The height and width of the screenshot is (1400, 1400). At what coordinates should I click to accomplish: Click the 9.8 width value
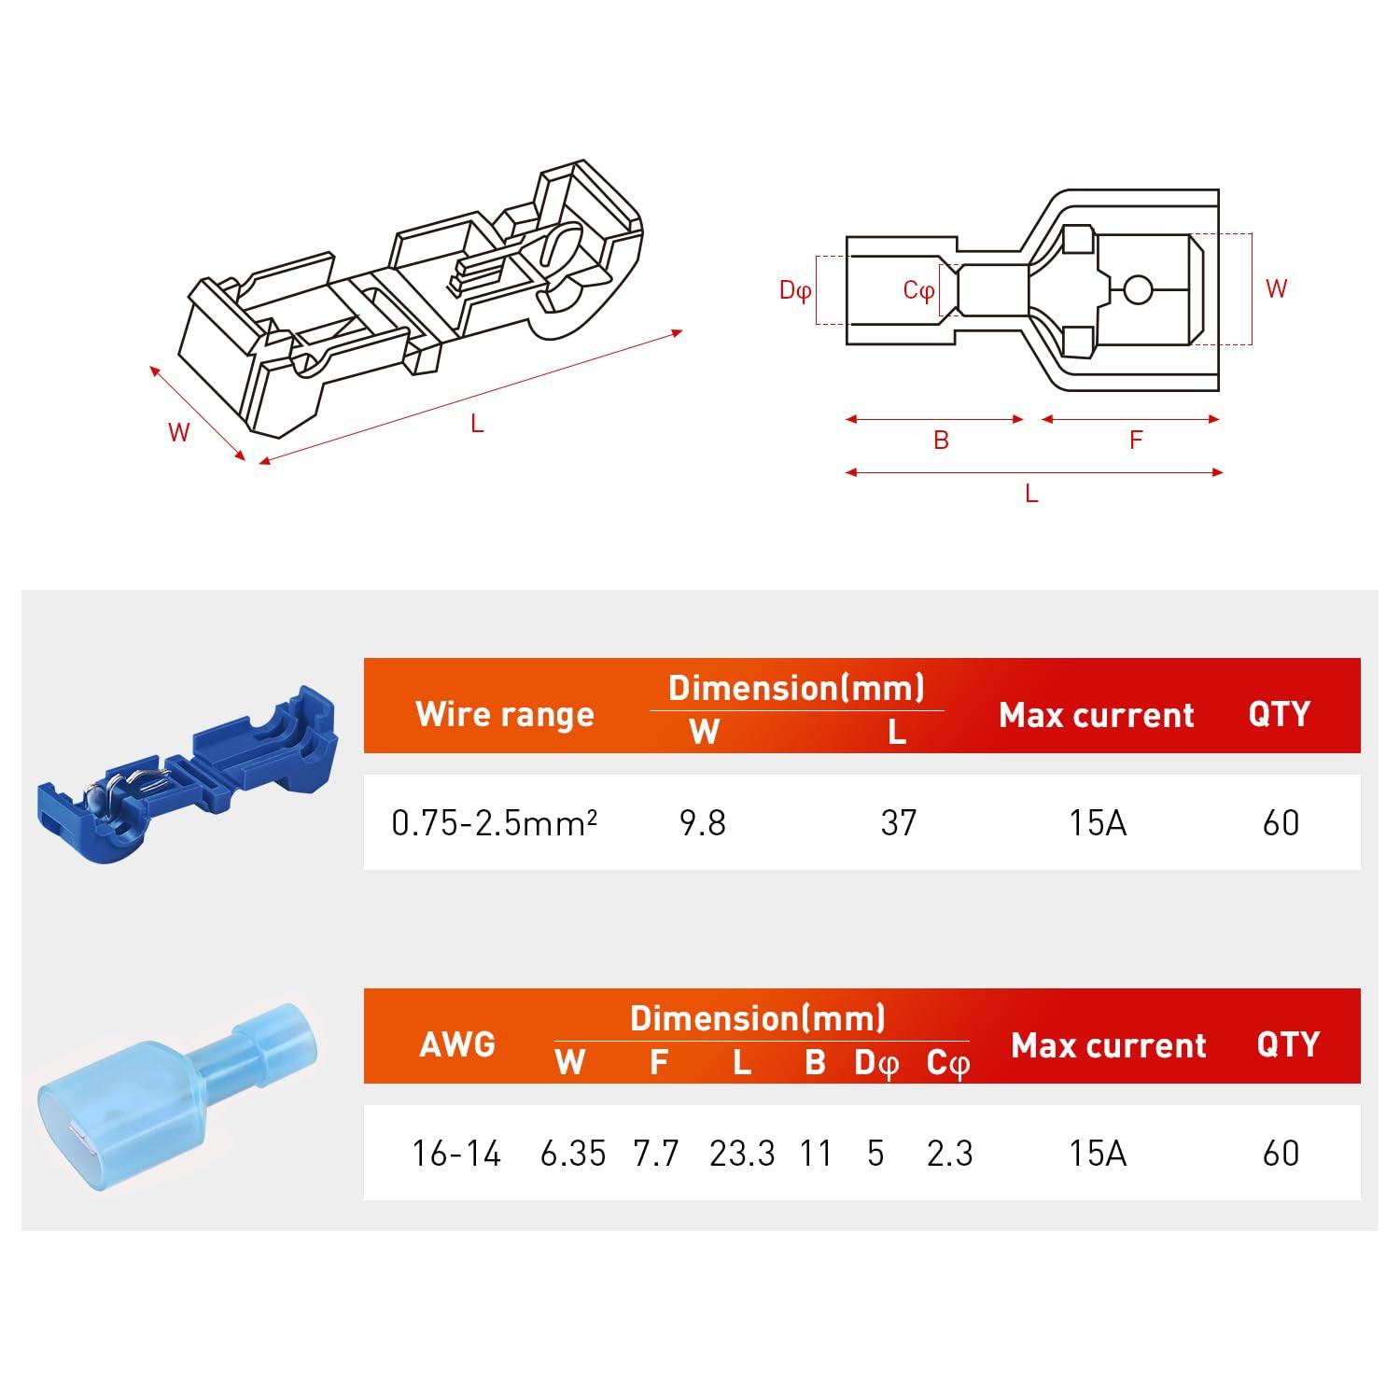(702, 822)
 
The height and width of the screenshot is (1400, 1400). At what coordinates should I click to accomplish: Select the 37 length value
(898, 822)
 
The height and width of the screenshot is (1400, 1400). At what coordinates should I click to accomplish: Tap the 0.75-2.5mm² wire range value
(494, 823)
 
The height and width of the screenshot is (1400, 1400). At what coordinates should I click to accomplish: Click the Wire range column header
(504, 714)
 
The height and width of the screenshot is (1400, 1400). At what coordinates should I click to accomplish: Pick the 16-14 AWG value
(456, 1154)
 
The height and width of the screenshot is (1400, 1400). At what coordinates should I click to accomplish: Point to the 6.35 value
(572, 1154)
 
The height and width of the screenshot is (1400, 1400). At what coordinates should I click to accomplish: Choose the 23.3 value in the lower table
(741, 1154)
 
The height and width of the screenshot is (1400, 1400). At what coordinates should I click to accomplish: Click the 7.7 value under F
(655, 1154)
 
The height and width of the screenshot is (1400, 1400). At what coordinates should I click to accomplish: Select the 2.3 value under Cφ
(949, 1154)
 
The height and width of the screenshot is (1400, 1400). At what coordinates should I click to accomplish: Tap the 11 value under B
(815, 1154)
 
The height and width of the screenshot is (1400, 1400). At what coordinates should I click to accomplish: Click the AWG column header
(456, 1043)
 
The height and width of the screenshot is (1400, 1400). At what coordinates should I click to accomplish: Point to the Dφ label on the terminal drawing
(794, 290)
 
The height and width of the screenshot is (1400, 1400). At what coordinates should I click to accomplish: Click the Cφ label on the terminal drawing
(918, 290)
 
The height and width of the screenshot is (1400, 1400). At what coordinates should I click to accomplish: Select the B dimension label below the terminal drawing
(941, 440)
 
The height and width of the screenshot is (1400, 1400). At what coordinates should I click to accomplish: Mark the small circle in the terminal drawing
(1137, 290)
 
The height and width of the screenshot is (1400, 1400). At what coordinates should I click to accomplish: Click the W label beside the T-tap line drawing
(178, 432)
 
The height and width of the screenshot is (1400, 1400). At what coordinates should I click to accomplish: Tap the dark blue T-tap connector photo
(187, 775)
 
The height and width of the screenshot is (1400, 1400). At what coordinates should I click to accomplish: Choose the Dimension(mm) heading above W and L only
(796, 688)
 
